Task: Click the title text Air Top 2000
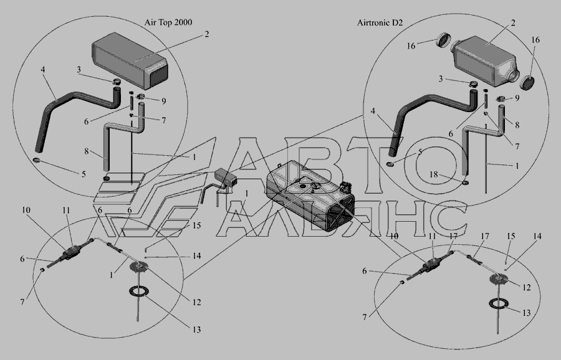168,22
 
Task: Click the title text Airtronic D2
380,22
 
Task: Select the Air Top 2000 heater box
130,60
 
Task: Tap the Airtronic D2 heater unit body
486,62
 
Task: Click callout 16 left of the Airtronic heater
411,45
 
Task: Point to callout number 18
434,174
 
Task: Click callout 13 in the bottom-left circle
197,329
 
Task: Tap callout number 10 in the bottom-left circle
26,210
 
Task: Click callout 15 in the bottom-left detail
196,225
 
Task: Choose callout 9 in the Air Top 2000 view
163,101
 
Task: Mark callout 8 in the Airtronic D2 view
517,125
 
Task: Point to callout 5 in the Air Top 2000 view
84,174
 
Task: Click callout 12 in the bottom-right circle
526,287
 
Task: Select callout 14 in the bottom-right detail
537,236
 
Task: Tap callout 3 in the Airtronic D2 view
441,78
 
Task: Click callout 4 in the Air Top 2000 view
43,70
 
